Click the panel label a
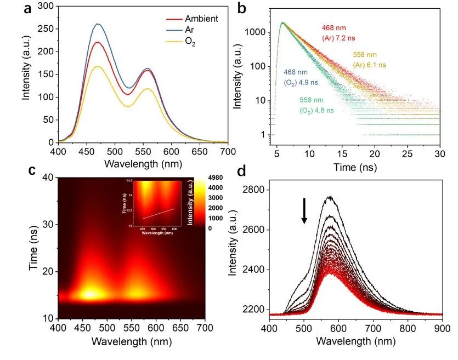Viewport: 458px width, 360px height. click(x=27, y=9)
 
